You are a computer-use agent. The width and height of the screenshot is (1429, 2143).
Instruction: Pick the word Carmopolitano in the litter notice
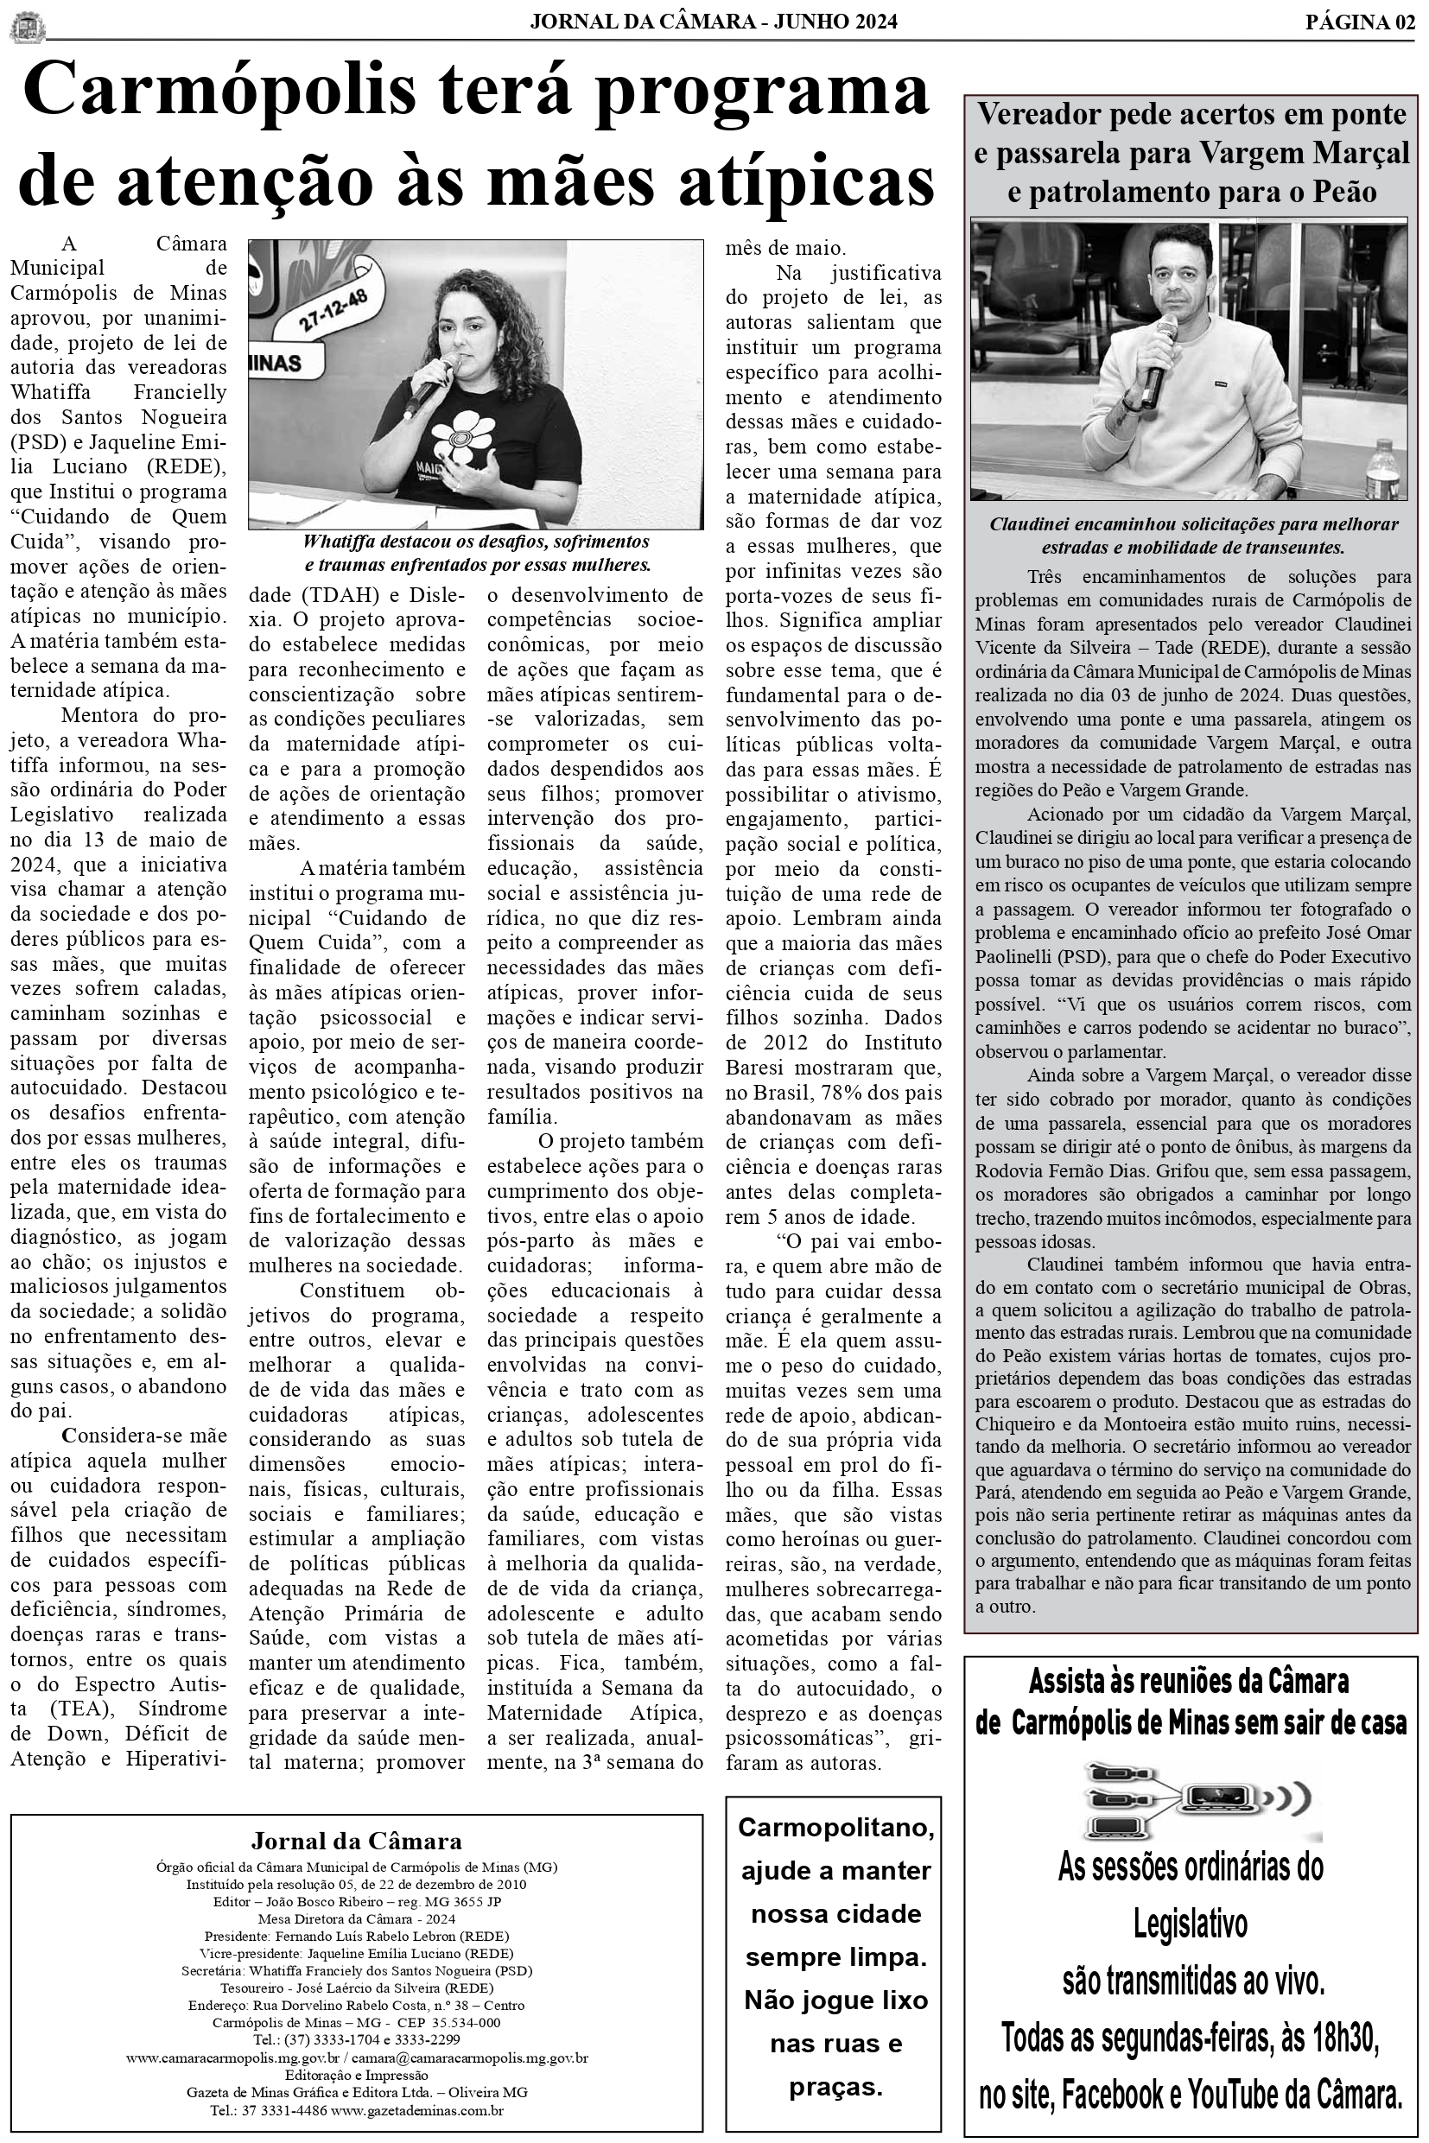(835, 1828)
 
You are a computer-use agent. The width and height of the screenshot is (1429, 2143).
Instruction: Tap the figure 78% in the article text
(842, 1092)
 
